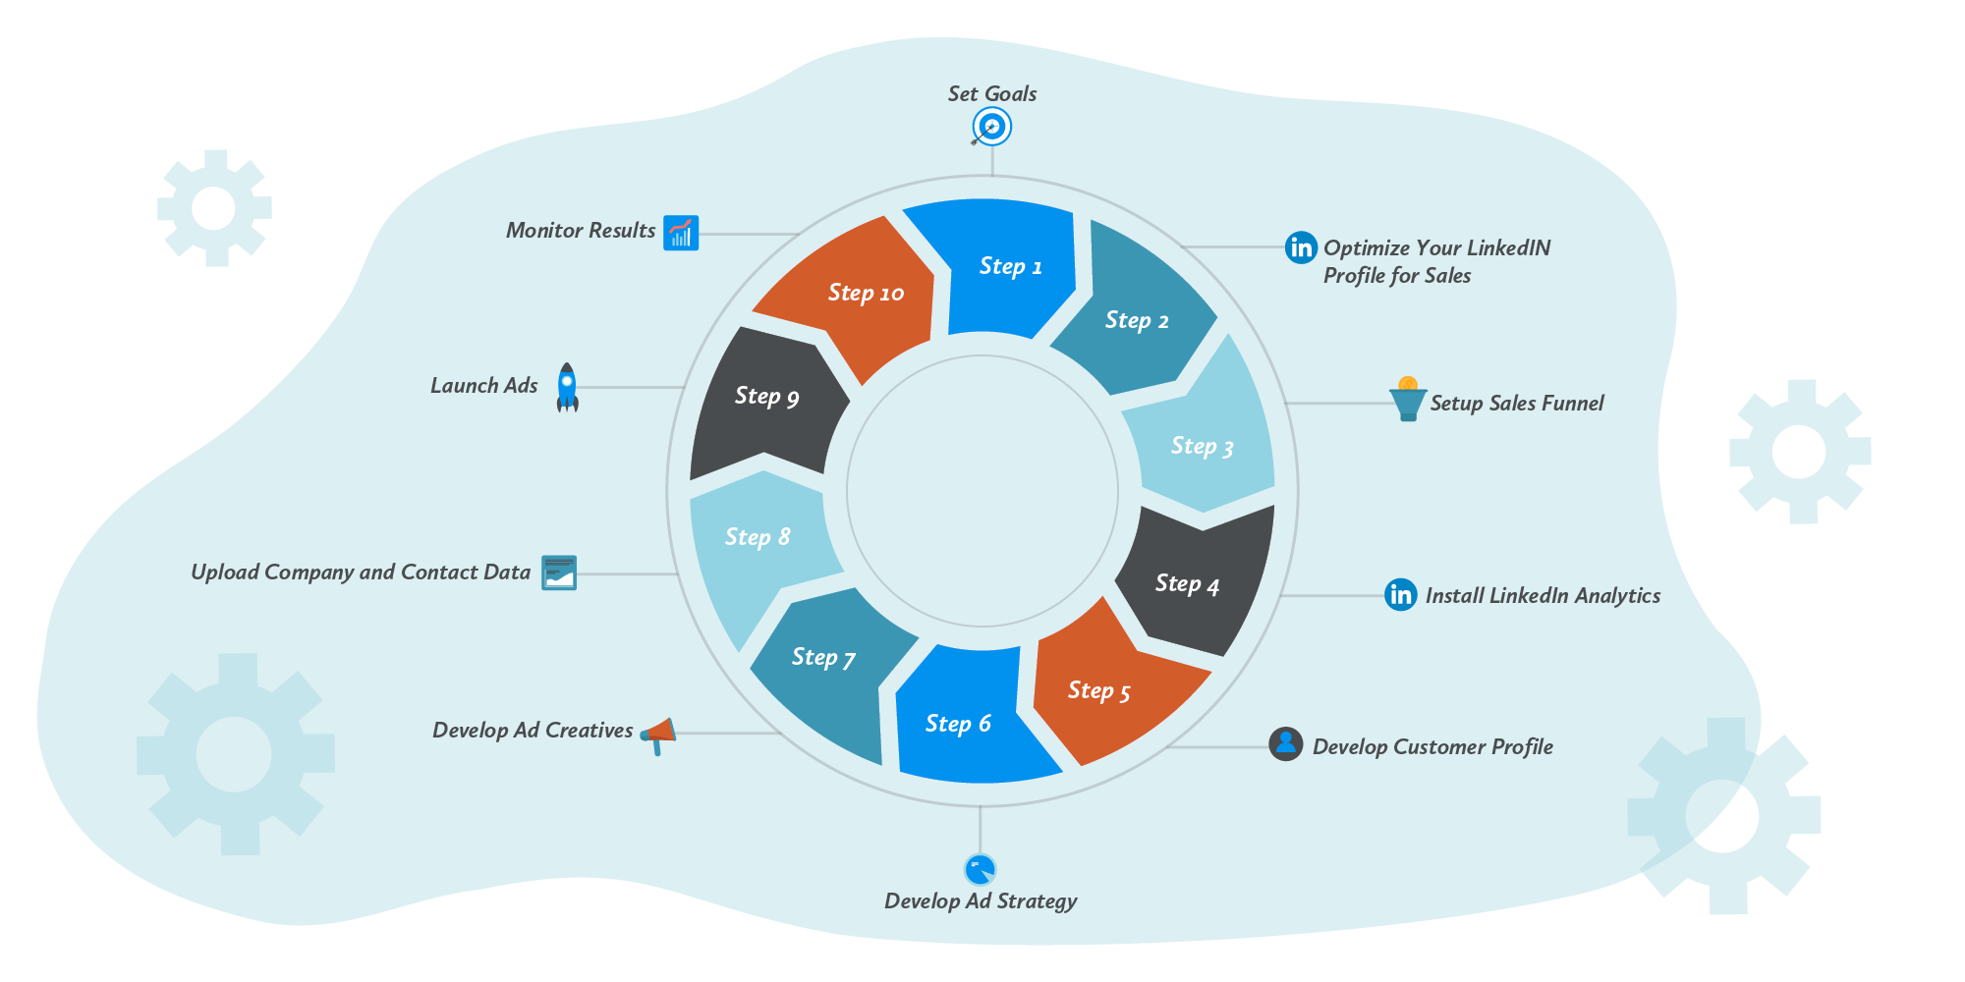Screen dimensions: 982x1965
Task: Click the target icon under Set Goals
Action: coord(991,128)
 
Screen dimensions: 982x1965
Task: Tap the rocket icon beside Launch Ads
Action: coord(567,387)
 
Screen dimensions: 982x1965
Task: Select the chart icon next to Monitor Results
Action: coord(680,233)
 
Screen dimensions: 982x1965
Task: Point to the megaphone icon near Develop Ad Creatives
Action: coord(659,734)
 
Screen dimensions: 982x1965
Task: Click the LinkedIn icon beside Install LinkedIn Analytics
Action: coord(1400,594)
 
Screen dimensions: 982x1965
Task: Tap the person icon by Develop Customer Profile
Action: coord(1285,744)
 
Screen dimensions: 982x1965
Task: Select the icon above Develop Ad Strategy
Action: coord(980,869)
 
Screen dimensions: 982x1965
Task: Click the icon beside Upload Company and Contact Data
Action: coord(559,573)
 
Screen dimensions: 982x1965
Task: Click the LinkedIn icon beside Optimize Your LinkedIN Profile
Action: coord(1301,247)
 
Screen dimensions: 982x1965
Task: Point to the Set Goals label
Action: coord(991,93)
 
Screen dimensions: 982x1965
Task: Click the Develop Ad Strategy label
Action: coord(981,900)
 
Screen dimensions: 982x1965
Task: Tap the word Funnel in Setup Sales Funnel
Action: coord(1572,403)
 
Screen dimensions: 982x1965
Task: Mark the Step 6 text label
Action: coord(958,724)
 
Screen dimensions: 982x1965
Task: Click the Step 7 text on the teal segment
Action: coord(823,657)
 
